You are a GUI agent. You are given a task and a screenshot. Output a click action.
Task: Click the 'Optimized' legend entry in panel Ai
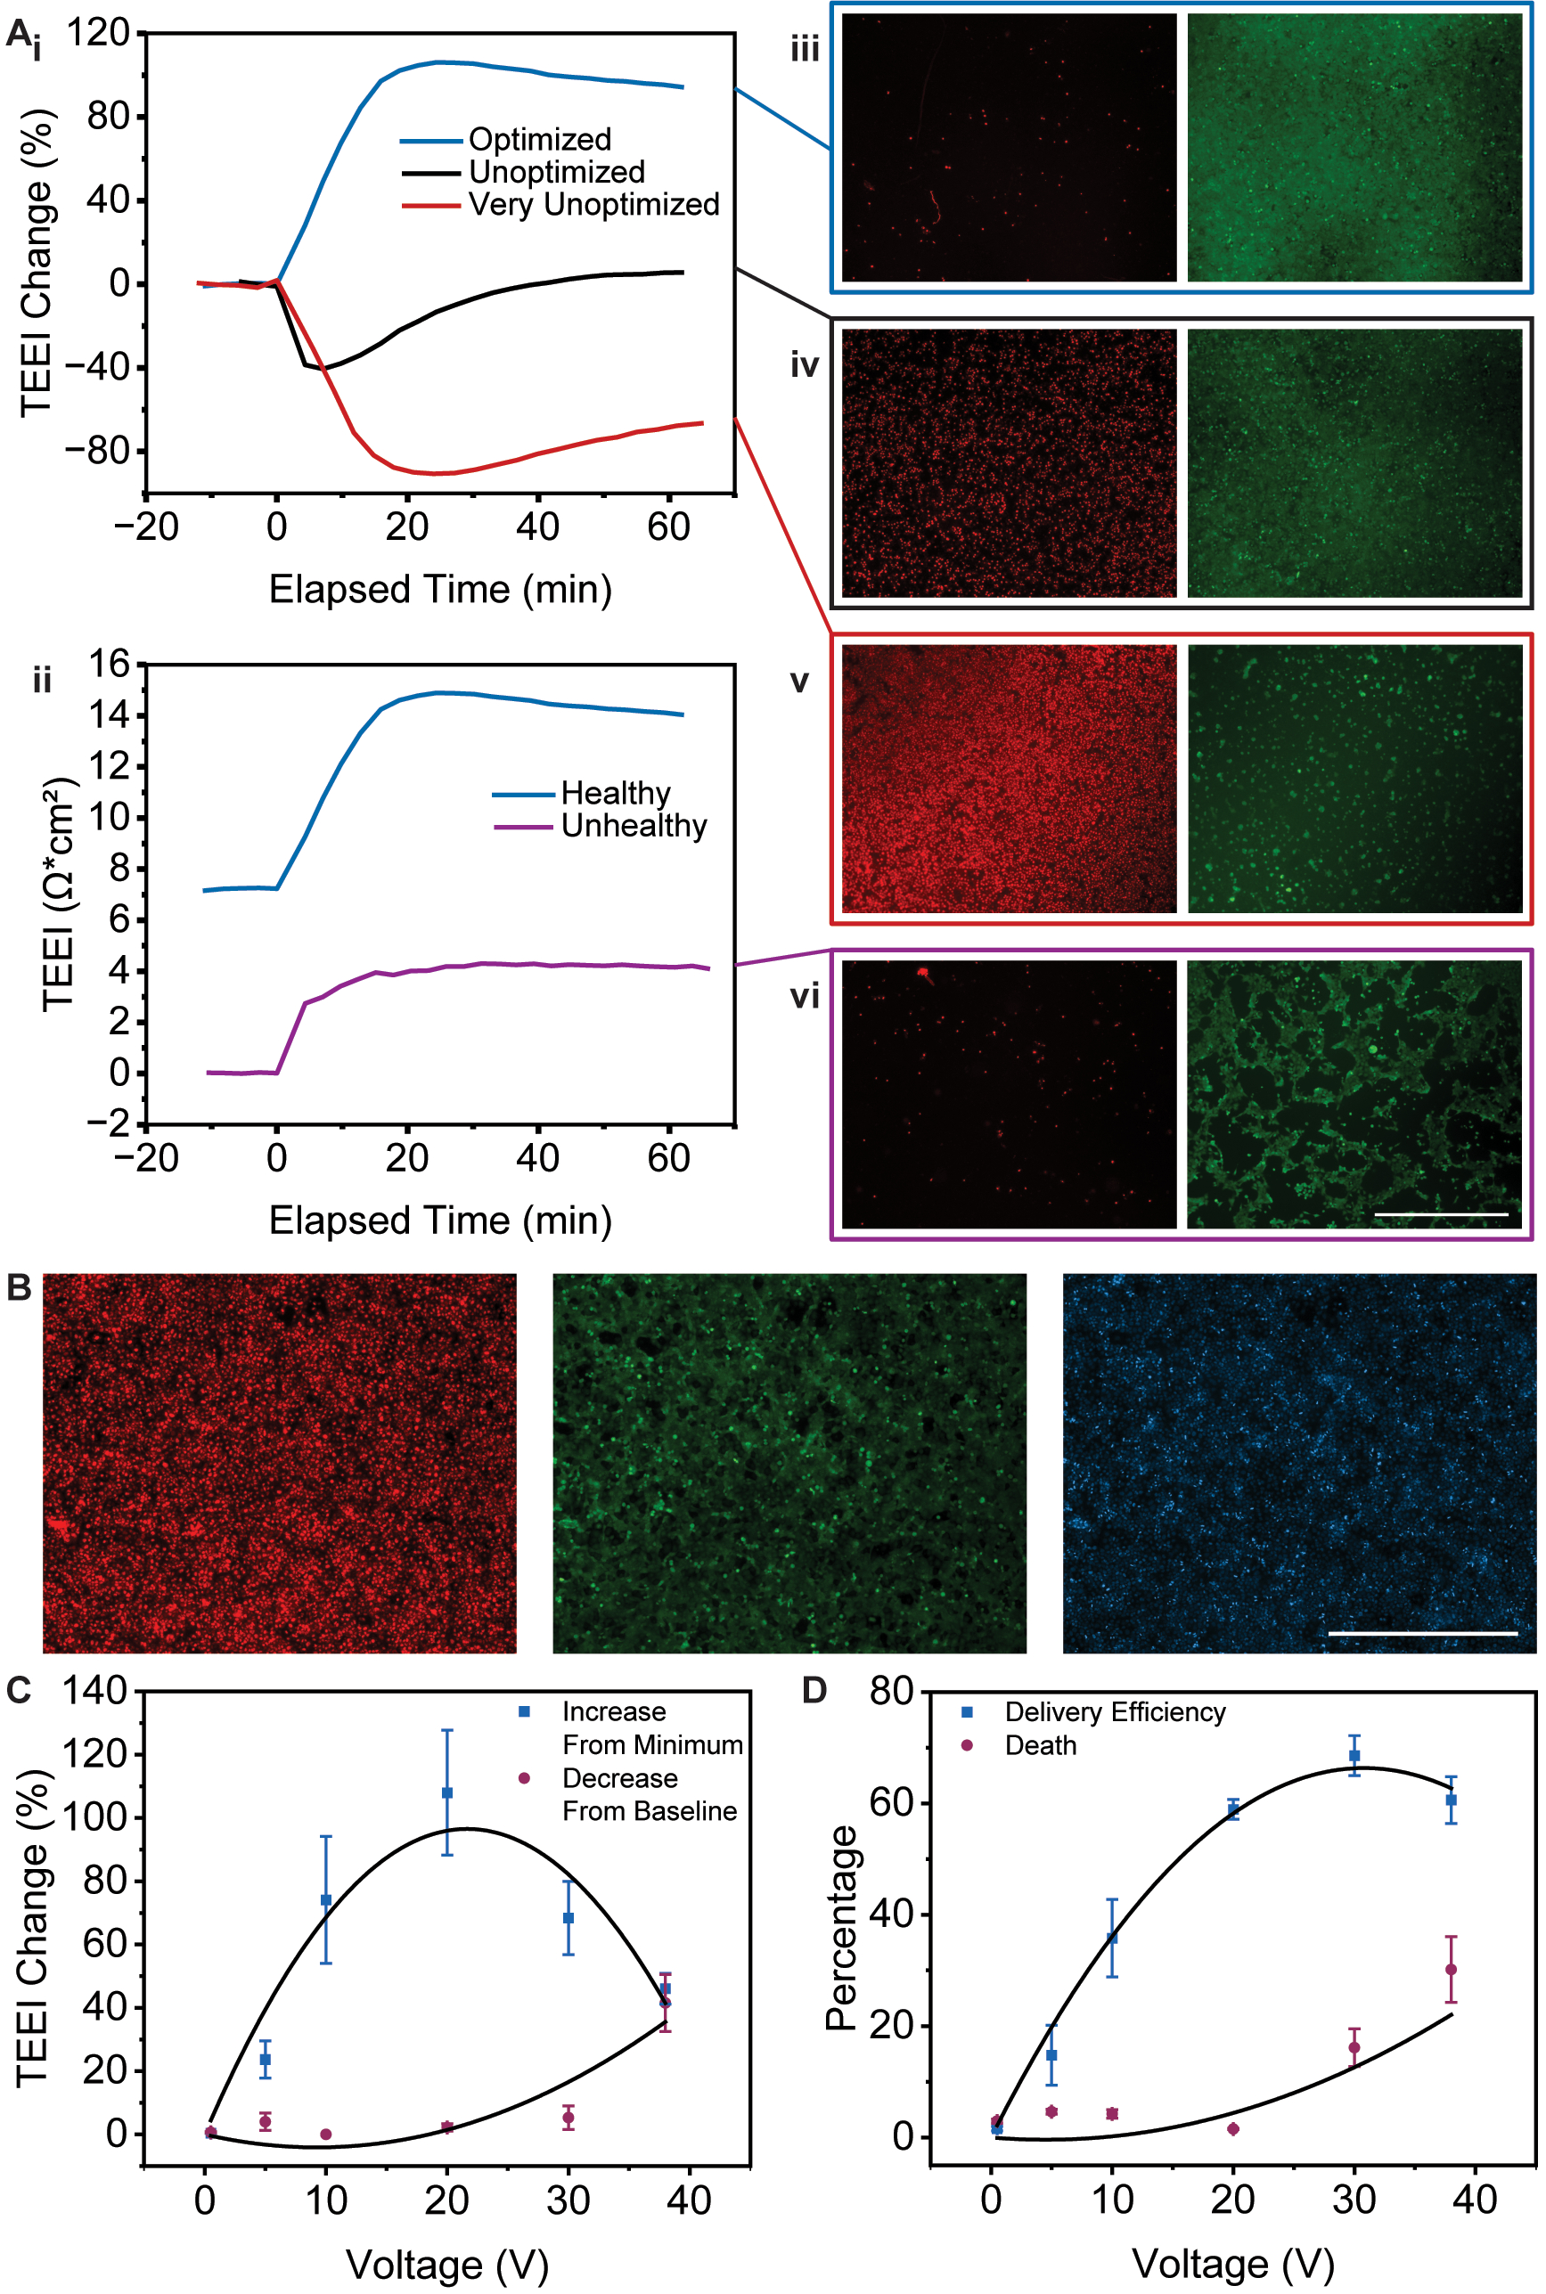539,139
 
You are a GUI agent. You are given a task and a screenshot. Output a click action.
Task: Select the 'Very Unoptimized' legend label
593,204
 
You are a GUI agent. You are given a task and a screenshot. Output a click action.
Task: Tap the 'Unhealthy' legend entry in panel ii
634,825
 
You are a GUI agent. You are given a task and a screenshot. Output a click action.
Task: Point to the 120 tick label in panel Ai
99,33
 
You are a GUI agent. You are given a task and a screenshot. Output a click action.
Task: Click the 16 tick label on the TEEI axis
110,664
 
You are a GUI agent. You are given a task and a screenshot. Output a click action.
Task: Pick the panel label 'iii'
805,48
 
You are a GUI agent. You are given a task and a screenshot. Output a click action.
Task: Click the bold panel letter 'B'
19,1287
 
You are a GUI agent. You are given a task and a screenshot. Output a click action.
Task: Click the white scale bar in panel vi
1441,1213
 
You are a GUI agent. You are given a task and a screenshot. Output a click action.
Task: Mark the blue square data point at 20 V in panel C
446,1792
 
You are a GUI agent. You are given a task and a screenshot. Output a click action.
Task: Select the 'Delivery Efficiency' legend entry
1115,1711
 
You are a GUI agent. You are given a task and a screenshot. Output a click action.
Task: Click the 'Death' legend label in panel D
1040,1745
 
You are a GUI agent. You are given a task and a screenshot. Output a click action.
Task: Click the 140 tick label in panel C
94,1690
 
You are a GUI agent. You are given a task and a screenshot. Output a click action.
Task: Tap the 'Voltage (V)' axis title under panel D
1232,2264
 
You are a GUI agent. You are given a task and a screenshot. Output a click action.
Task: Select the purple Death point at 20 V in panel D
1232,2128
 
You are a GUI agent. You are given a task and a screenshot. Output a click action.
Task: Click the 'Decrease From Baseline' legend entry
649,1794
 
